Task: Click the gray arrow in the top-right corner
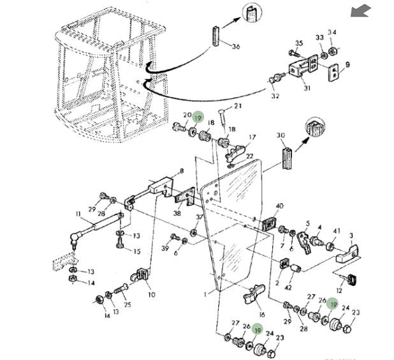pos(361,10)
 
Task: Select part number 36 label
pos(236,47)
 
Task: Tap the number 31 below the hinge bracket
pos(306,88)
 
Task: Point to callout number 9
pos(347,64)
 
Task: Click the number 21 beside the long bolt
pos(238,106)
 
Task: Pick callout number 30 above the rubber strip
pos(281,135)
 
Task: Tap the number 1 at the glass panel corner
pos(205,295)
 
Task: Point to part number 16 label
pos(261,315)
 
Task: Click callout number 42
pos(288,288)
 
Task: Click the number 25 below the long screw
pos(128,305)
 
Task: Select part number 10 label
pos(151,294)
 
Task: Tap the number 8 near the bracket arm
pos(182,171)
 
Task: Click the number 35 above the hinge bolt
pos(297,43)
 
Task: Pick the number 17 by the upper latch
pos(252,137)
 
